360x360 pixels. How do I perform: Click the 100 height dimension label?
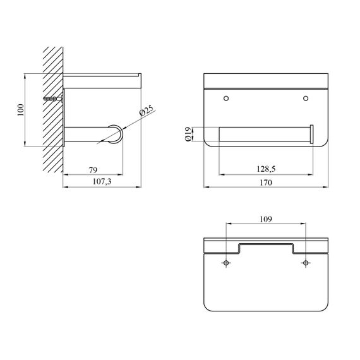pos(21,110)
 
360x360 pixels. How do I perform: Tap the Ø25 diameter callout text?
pos(147,111)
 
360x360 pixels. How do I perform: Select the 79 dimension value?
pos(93,170)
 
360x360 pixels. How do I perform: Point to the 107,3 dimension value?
pos(102,182)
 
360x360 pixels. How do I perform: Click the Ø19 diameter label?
pos(188,134)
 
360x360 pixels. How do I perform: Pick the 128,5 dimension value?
pos(266,169)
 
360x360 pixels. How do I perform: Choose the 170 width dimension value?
pos(266,183)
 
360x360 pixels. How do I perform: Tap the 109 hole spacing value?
pos(266,219)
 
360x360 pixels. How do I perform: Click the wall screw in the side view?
pos(53,99)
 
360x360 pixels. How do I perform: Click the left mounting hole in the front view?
pos(226,99)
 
